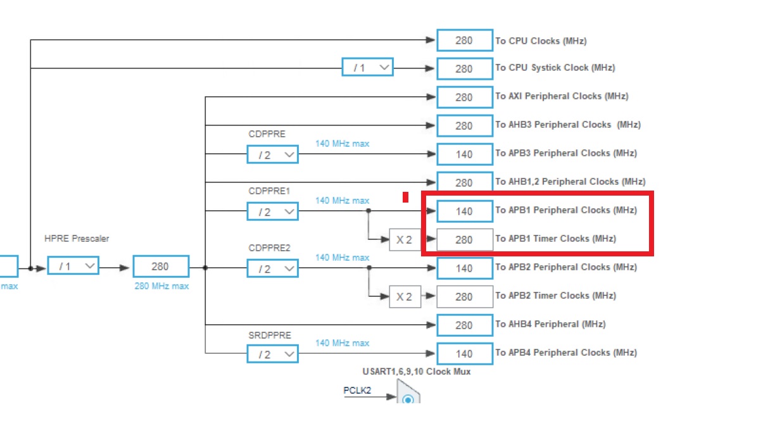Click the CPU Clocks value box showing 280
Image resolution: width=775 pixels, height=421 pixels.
(464, 41)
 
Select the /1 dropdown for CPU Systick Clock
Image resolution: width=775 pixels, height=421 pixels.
(367, 67)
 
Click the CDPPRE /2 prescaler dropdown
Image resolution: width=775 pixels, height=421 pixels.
(272, 154)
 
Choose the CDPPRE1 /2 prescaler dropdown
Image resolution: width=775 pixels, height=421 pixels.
(272, 211)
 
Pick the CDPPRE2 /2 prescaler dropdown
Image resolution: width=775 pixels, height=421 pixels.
(272, 268)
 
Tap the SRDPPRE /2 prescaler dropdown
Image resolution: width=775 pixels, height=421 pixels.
(272, 354)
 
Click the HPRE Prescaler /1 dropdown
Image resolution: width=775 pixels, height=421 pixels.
(73, 266)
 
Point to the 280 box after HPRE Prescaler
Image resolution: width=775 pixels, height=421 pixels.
(160, 267)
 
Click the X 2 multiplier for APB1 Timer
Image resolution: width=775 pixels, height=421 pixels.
(405, 239)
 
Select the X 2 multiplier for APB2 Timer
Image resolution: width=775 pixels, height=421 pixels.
(405, 296)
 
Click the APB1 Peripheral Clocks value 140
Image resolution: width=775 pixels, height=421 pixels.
(464, 211)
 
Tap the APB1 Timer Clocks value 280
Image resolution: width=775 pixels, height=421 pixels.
(464, 239)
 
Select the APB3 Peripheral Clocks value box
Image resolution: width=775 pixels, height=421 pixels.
(464, 154)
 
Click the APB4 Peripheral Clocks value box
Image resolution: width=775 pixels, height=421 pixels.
(464, 353)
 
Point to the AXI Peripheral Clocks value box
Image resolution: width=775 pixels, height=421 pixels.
(464, 97)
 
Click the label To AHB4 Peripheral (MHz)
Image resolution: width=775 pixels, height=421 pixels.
(550, 324)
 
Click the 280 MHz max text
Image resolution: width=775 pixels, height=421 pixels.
(161, 286)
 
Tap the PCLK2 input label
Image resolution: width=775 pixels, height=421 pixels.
(356, 391)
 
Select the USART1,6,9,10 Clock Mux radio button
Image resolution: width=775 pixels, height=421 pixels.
(408, 399)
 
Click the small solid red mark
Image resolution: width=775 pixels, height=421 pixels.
(405, 198)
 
